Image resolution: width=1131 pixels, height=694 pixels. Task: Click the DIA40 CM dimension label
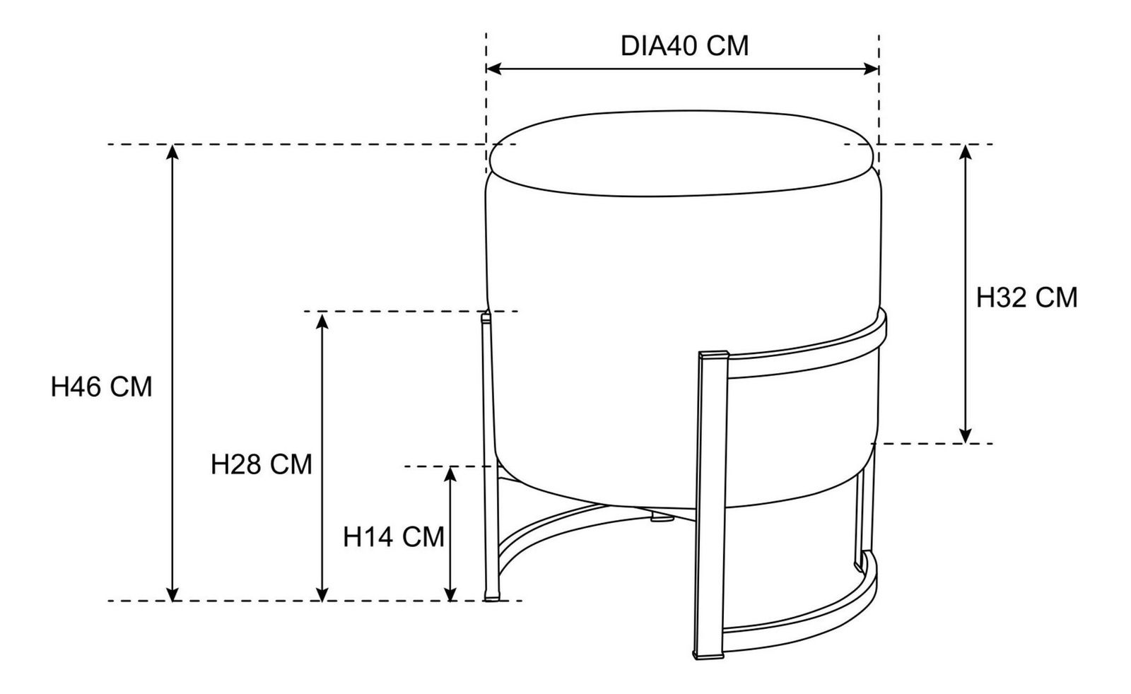pos(684,46)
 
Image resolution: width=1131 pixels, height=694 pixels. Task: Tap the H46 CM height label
pos(102,387)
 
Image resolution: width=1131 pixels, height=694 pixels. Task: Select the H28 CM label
pos(262,464)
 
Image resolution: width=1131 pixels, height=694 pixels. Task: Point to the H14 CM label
pos(394,536)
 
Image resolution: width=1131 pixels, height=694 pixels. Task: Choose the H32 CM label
pos(1027,298)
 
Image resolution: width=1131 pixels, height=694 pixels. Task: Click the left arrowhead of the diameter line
pos(493,69)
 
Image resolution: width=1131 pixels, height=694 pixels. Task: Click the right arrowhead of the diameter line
pos(872,69)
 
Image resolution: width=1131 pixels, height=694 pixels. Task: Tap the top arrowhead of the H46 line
pos(172,152)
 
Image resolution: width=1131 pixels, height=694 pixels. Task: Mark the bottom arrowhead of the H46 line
pos(172,594)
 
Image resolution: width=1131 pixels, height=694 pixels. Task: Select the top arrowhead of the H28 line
pos(322,320)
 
